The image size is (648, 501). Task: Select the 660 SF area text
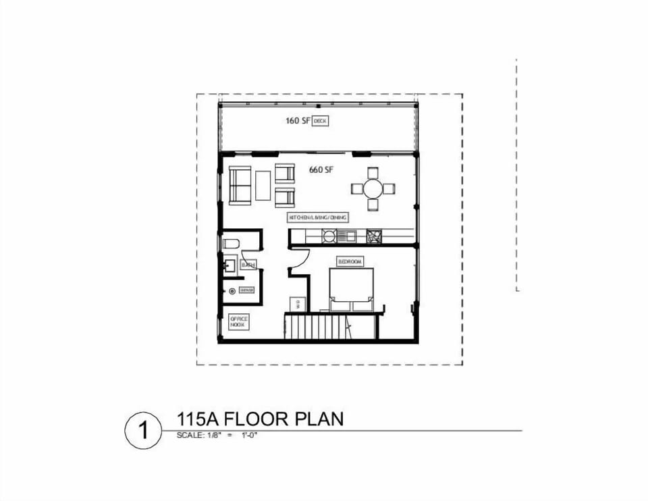tap(321, 169)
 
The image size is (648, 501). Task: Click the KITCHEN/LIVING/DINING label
tap(318, 217)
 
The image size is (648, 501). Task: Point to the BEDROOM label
tap(350, 261)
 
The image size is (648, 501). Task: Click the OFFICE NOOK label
tap(238, 322)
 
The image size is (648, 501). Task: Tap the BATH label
tap(248, 265)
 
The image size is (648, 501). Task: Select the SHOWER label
tap(246, 290)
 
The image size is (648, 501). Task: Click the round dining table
tap(373, 188)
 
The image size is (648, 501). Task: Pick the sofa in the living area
tap(240, 184)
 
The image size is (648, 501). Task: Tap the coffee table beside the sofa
tap(263, 184)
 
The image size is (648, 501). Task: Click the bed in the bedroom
tap(351, 288)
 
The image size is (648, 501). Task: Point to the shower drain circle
tap(233, 290)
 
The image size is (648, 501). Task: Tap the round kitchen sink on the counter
tap(329, 236)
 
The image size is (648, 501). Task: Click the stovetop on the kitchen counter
tap(374, 236)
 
